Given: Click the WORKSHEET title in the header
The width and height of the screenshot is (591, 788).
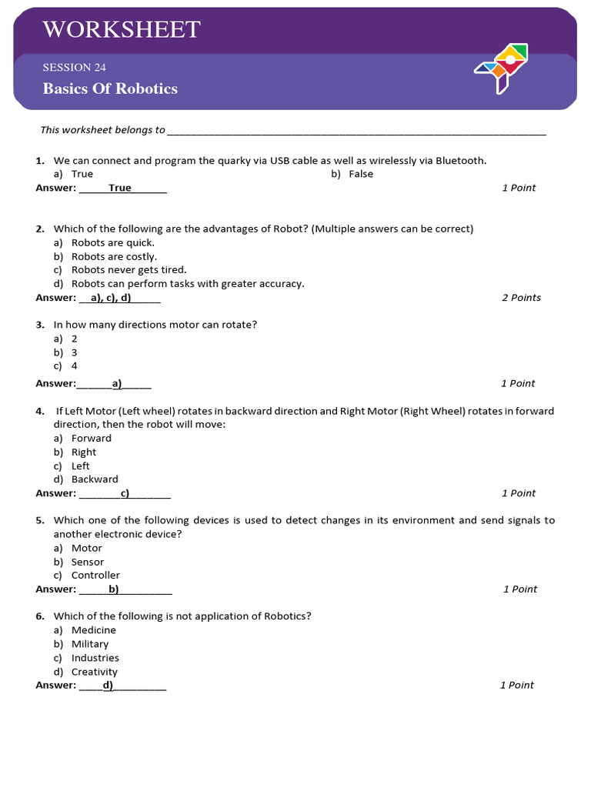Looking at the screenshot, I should click(122, 30).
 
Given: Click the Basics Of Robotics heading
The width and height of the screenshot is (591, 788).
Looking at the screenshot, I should click(110, 88).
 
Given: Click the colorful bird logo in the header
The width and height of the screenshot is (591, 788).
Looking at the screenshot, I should click(501, 68).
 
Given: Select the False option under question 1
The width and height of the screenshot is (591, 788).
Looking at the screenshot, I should click(360, 174).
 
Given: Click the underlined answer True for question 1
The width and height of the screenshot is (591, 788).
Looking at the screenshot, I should click(120, 188).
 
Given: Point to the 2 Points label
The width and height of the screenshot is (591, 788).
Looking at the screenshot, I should click(521, 298).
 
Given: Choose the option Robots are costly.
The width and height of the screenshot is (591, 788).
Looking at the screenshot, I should click(114, 256).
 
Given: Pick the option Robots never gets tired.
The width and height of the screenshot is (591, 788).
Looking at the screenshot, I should click(129, 270).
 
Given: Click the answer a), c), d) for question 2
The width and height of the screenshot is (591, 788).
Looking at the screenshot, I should click(111, 298).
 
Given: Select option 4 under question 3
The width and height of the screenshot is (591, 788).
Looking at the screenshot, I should click(75, 366).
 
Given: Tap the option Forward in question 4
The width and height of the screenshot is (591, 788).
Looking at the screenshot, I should click(92, 439).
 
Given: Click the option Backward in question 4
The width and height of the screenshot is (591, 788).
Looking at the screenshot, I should click(95, 479).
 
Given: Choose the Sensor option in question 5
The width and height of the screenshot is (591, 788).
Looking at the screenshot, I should click(88, 562).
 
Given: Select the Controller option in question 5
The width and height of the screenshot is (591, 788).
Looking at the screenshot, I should click(95, 576).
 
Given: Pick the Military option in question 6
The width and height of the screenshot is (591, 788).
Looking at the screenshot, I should click(90, 644).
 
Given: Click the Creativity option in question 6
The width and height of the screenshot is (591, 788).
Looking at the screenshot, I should click(95, 672).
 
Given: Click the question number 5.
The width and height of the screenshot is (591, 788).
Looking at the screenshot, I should click(39, 521).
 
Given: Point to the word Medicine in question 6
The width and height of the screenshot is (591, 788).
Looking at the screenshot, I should click(94, 630).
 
